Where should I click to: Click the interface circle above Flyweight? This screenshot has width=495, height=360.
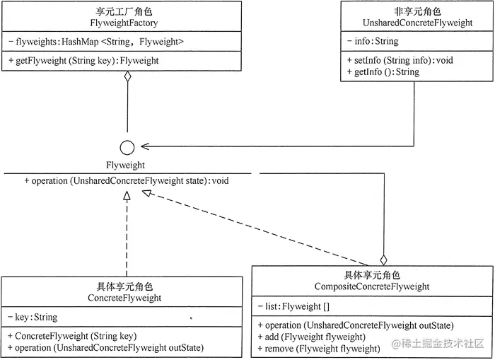coord(127,147)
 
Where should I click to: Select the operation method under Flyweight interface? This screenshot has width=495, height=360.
coord(127,181)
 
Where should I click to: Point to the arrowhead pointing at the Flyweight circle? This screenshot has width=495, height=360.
coord(146,147)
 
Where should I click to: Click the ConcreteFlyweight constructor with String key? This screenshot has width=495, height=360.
coord(74,336)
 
